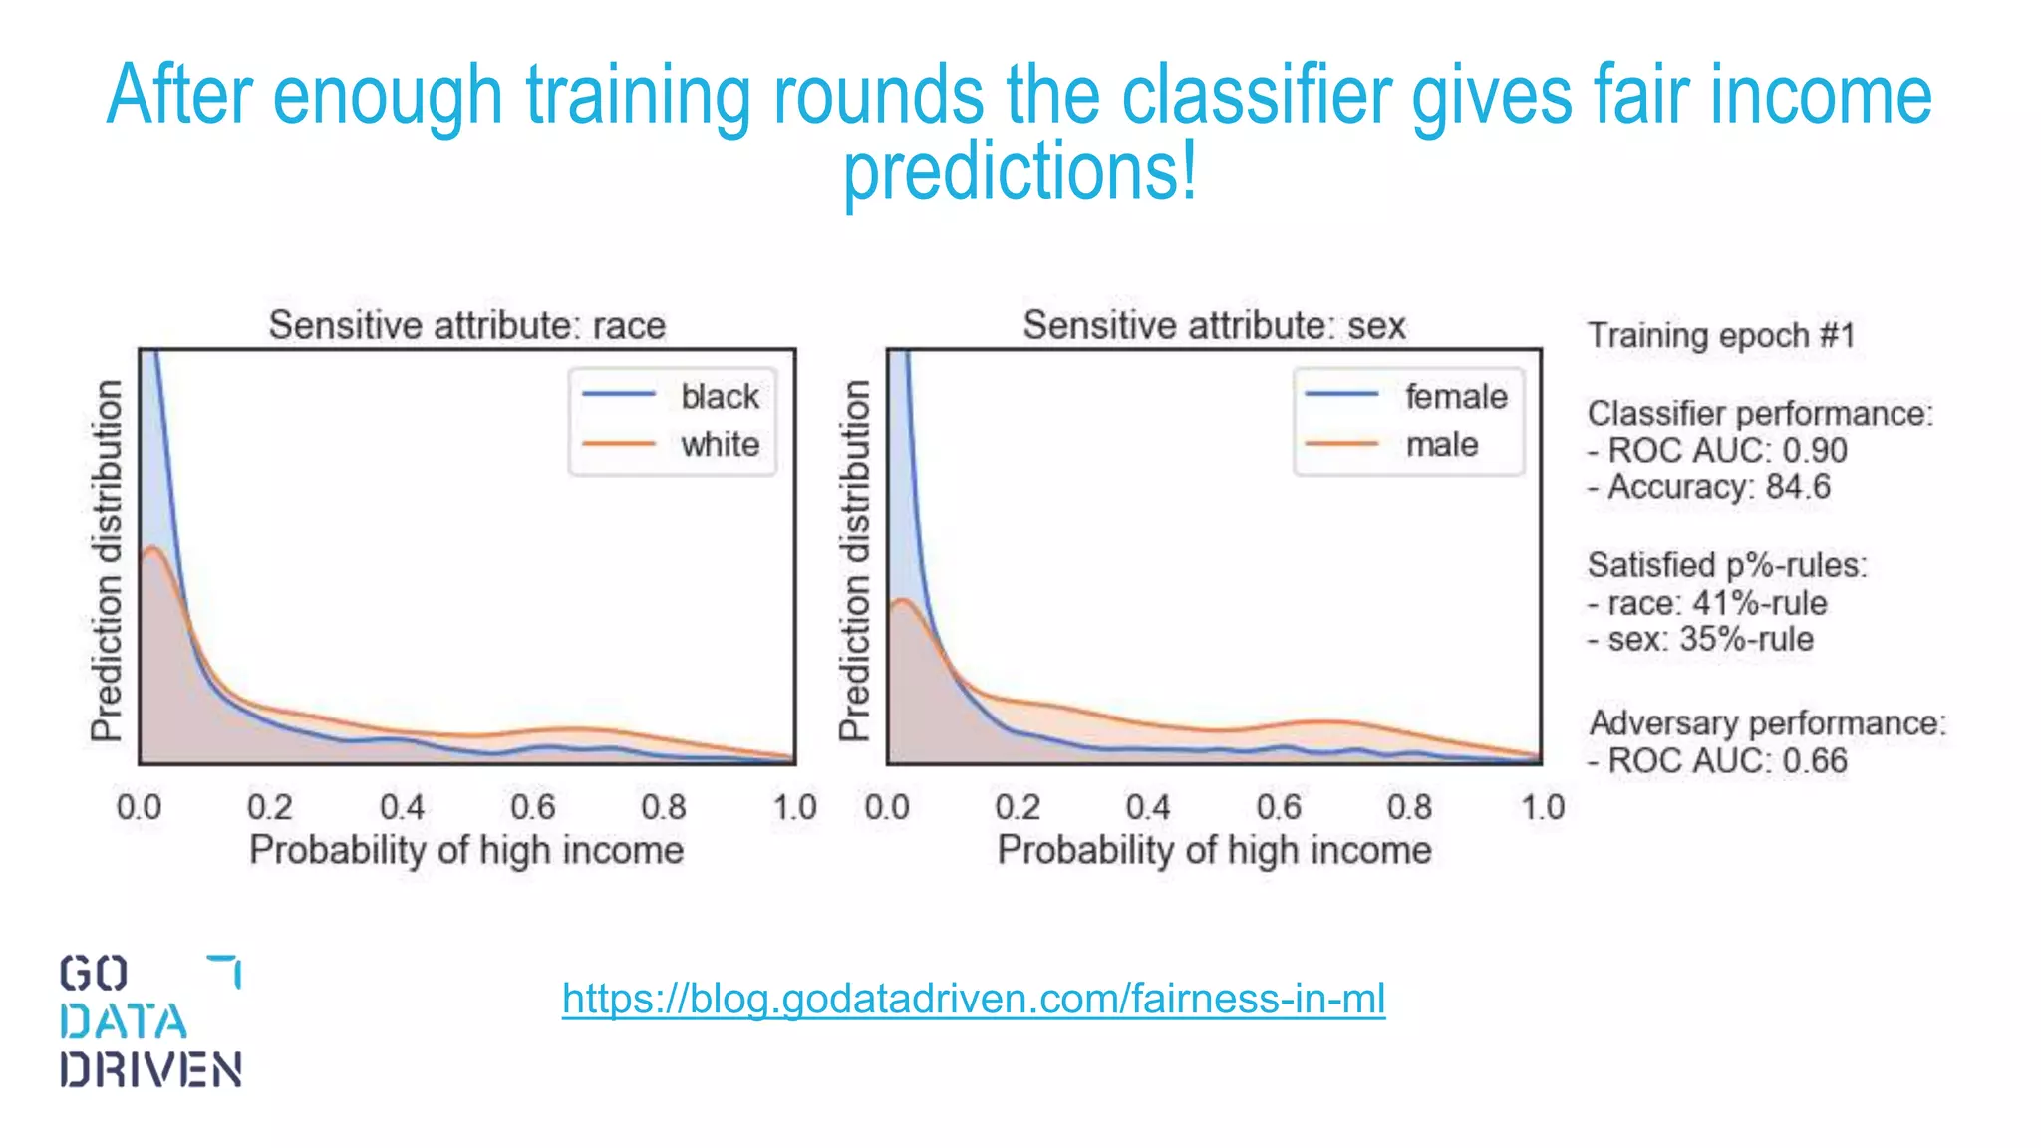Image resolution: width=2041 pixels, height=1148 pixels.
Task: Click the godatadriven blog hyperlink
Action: coord(973,999)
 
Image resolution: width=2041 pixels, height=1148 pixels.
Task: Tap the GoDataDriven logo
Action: coord(149,1020)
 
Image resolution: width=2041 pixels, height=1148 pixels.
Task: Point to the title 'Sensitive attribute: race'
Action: coord(466,325)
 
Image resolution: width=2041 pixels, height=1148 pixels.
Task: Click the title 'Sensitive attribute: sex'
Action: coord(1214,325)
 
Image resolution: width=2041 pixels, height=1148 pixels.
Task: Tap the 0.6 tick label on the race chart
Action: coord(532,806)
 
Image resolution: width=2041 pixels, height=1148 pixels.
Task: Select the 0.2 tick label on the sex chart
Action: coord(1017,806)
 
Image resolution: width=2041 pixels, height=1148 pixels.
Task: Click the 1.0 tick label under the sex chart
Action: coord(1542,806)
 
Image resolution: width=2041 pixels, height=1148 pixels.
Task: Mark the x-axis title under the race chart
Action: coord(466,850)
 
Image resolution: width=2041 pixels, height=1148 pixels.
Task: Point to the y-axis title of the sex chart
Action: coord(854,560)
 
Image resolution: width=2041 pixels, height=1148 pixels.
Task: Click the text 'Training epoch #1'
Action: coord(1721,335)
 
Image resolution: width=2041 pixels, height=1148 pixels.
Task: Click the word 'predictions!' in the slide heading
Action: coord(1020,171)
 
